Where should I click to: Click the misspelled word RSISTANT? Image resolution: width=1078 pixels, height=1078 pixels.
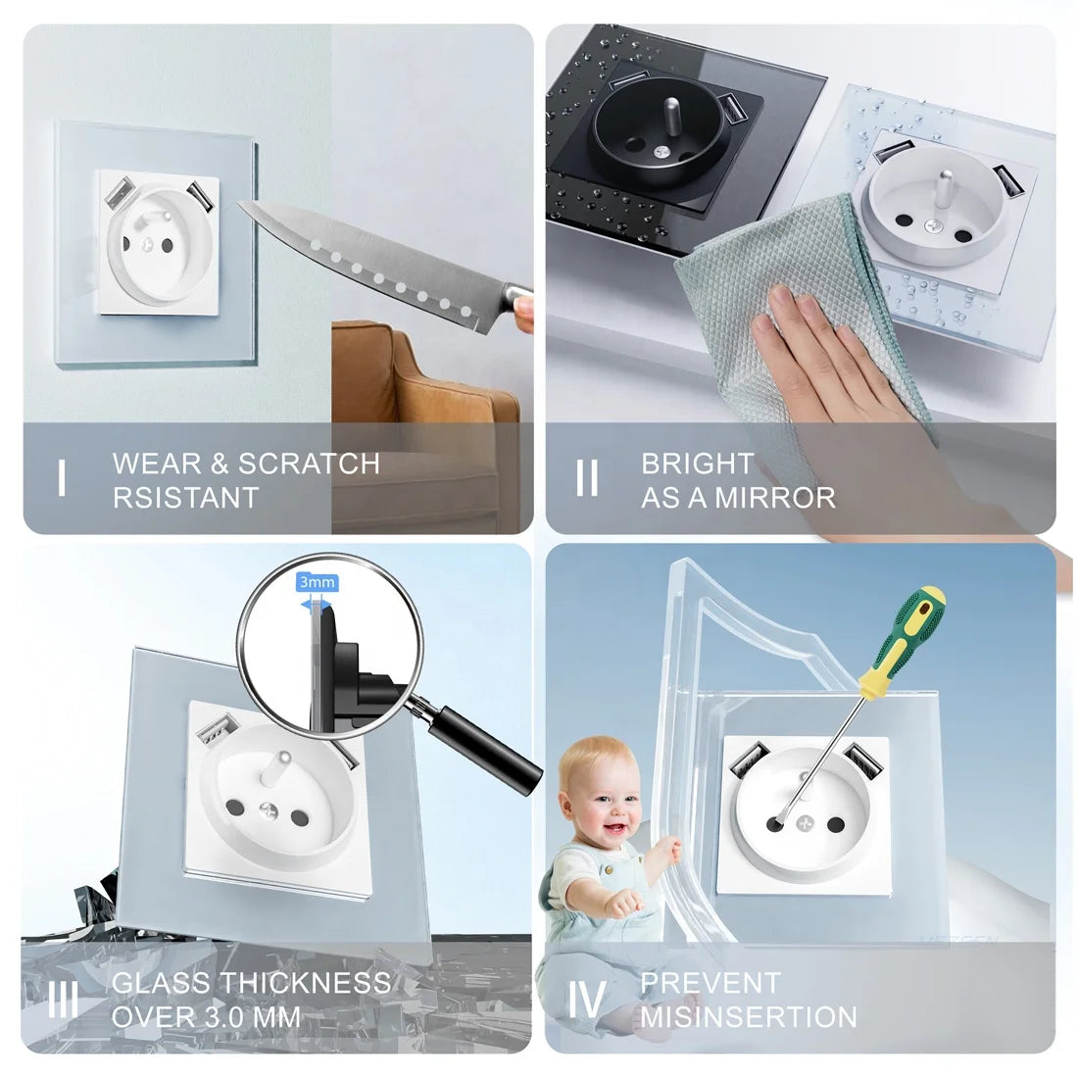pyautogui.click(x=185, y=497)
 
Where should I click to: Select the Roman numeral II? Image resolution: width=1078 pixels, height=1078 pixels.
pyautogui.click(x=587, y=479)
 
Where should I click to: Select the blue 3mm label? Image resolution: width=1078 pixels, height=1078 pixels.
pyautogui.click(x=317, y=582)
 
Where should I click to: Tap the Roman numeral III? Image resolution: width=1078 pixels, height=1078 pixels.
pyautogui.click(x=64, y=1000)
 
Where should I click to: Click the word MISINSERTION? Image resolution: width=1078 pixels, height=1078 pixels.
pyautogui.click(x=749, y=1016)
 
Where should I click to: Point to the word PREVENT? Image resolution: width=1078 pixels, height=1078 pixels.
pyautogui.click(x=710, y=983)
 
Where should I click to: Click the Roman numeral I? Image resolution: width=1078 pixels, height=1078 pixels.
pyautogui.click(x=62, y=479)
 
